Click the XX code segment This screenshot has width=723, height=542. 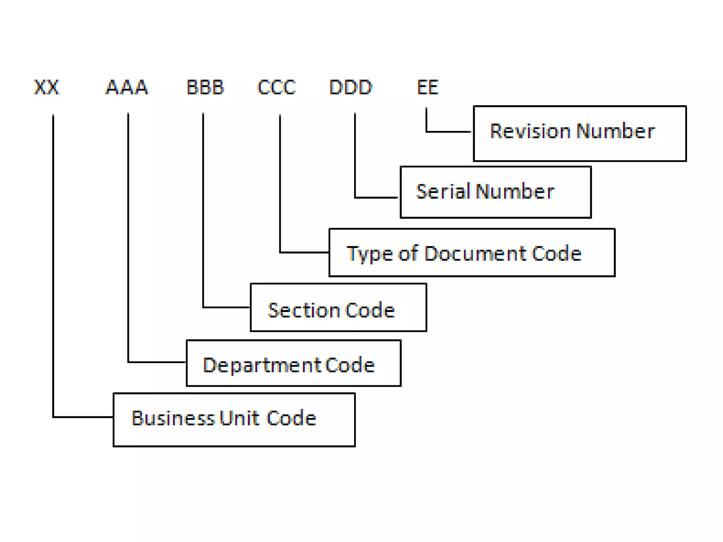click(47, 87)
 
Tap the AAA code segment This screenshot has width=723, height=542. click(127, 87)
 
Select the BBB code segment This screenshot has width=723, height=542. click(205, 87)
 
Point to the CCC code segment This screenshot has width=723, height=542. click(276, 87)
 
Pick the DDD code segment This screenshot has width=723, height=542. click(351, 87)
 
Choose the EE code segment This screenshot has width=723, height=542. click(428, 87)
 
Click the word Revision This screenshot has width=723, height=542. click(530, 131)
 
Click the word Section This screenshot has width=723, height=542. click(303, 310)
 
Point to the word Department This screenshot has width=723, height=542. click(262, 365)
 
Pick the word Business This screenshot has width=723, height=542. click(173, 418)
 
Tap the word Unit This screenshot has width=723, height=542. click(239, 418)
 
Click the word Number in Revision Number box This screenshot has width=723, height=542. click(616, 131)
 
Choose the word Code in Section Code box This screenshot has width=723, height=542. click(370, 310)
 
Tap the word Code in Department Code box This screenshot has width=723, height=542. click(349, 365)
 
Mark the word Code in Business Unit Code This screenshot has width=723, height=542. click(291, 418)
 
